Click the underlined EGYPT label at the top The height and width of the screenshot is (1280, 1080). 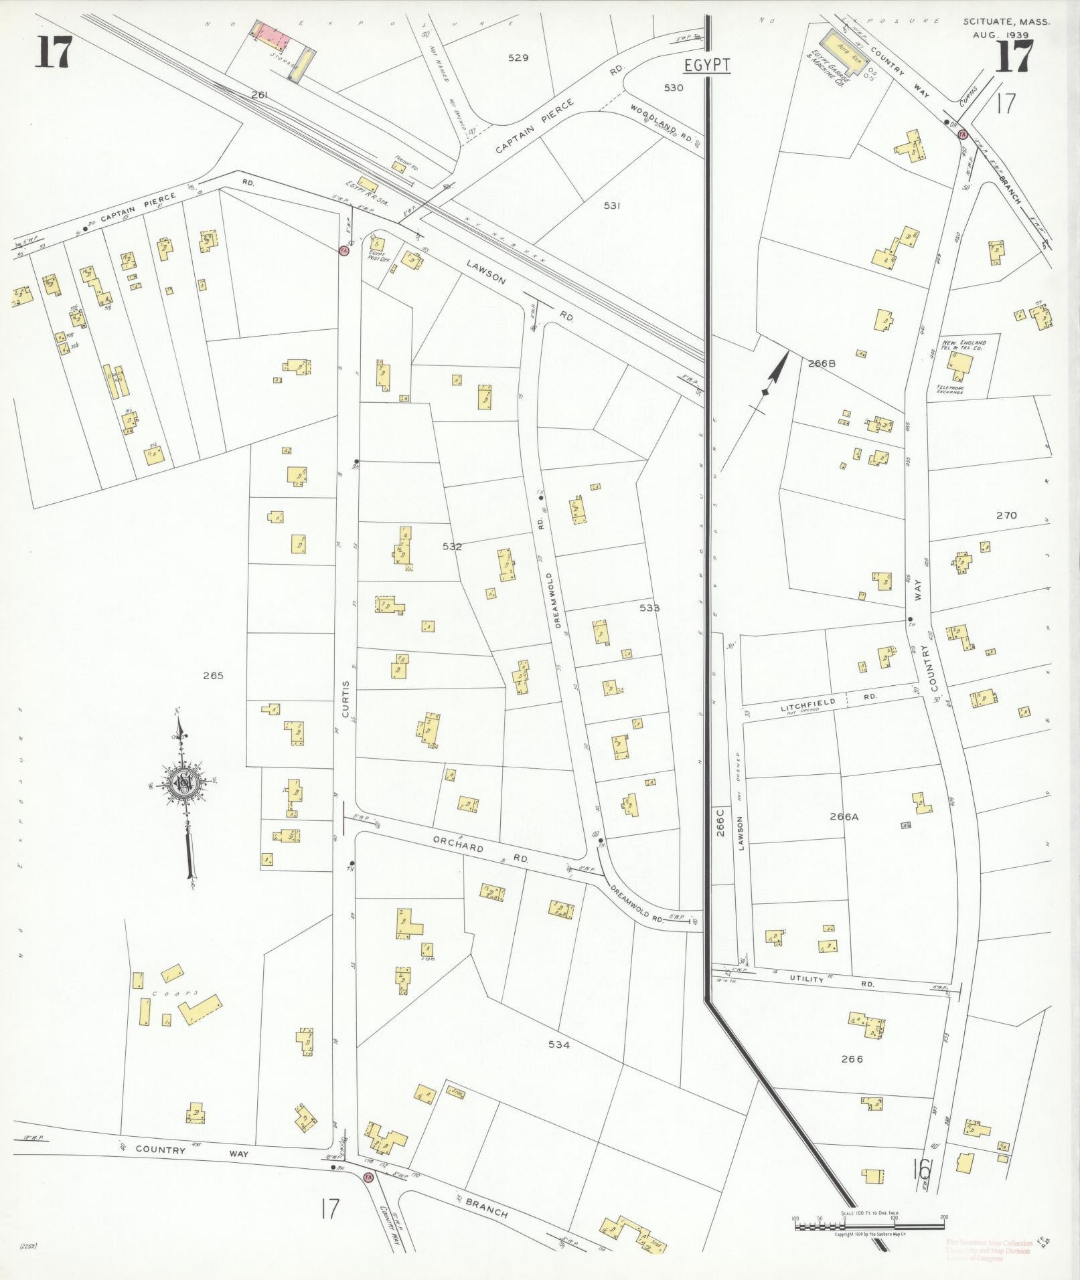tap(706, 66)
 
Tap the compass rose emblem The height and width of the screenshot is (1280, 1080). tap(182, 784)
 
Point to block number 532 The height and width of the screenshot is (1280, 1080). tap(452, 547)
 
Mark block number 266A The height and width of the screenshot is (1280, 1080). tap(844, 816)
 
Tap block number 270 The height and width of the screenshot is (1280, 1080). tap(1006, 515)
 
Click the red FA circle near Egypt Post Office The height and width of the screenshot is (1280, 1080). tap(344, 250)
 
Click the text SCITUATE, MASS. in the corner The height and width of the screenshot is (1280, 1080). tap(1006, 21)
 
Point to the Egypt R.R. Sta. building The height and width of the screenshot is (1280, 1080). tap(368, 183)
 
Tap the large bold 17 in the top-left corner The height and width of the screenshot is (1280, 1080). tap(54, 53)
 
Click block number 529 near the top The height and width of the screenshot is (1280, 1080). tap(518, 58)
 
